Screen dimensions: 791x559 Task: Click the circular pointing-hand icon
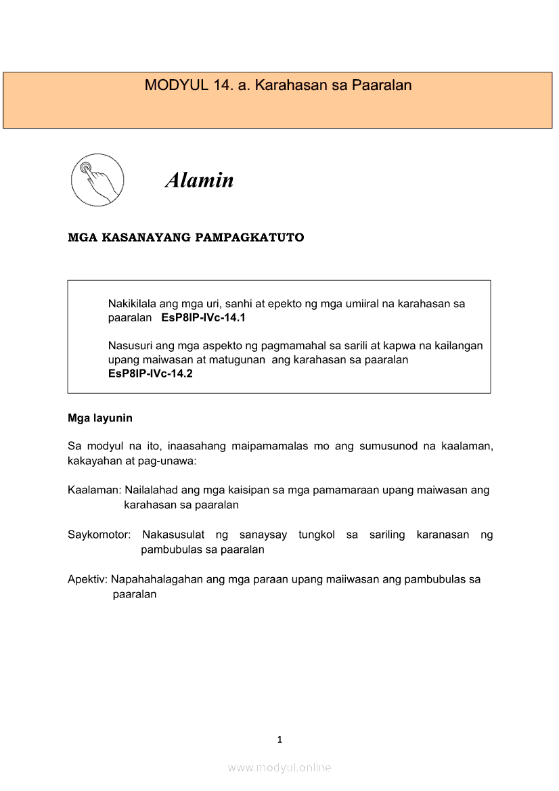pyautogui.click(x=97, y=180)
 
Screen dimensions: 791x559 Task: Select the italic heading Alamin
pyautogui.click(x=200, y=180)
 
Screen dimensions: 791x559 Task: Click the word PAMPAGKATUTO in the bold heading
pyautogui.click(x=250, y=238)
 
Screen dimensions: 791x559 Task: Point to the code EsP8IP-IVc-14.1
pyautogui.click(x=203, y=317)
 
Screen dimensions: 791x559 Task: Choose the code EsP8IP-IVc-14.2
pyautogui.click(x=150, y=374)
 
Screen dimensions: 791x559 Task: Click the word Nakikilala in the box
pyautogui.click(x=133, y=304)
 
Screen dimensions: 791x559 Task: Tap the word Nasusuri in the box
pyautogui.click(x=130, y=346)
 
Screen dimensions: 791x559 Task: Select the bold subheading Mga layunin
pyautogui.click(x=100, y=418)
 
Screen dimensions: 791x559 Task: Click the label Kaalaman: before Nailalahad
pyautogui.click(x=95, y=490)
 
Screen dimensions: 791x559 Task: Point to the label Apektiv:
pyautogui.click(x=88, y=580)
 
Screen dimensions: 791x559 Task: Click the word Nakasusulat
pyautogui.click(x=173, y=535)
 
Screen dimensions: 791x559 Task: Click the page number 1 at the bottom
pyautogui.click(x=279, y=740)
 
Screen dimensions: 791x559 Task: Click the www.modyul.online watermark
pyautogui.click(x=279, y=767)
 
